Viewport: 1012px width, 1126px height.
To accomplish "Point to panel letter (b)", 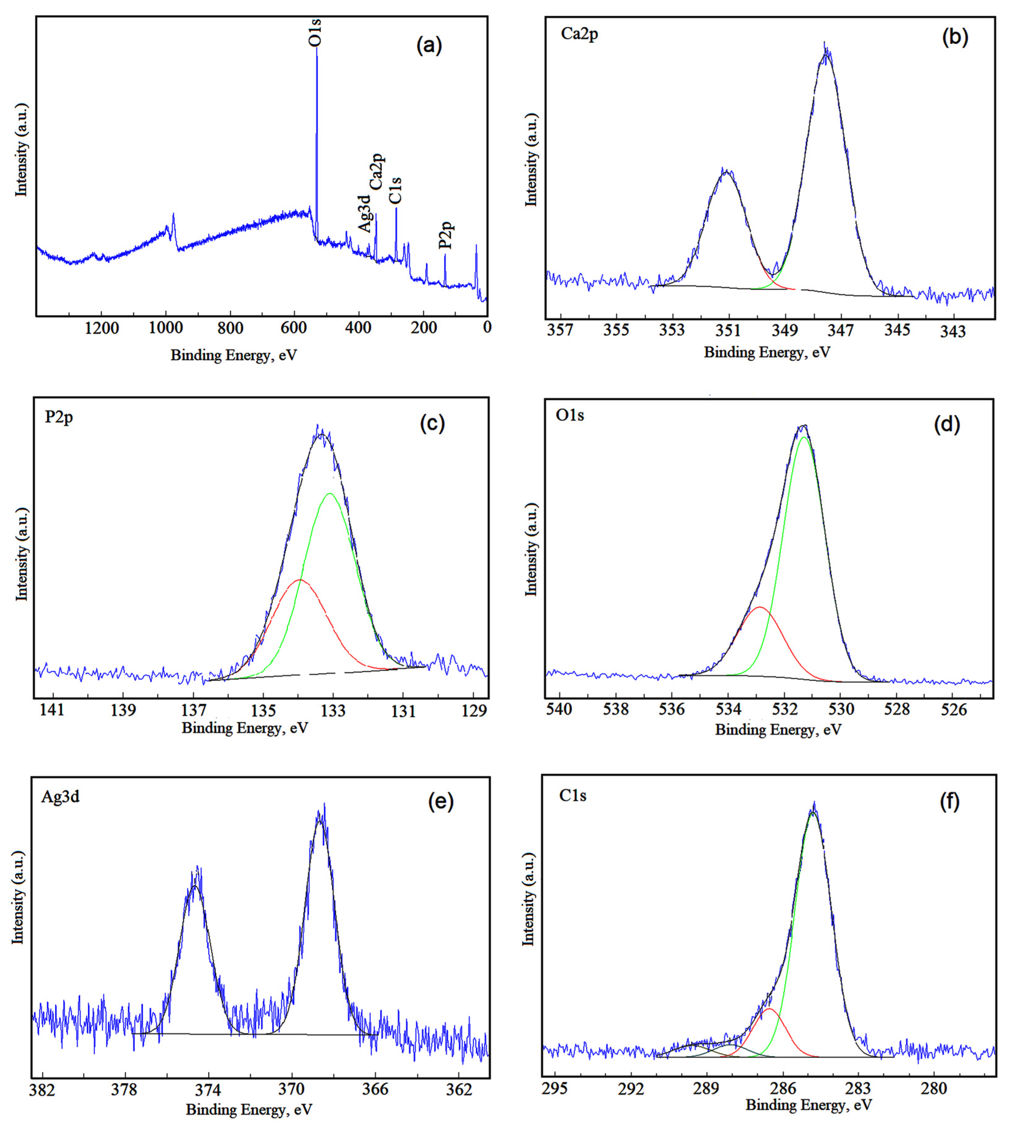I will coord(955,37).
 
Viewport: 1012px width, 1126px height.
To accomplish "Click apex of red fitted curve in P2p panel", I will coord(300,580).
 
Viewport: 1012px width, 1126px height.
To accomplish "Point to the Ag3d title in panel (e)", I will coord(60,797).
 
